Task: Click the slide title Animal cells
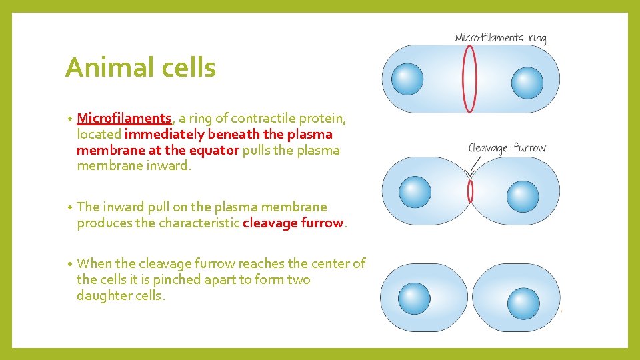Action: (x=141, y=68)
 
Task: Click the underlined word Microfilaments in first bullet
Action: (x=125, y=119)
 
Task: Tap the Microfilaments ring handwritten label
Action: (x=500, y=38)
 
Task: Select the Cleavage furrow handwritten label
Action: (x=507, y=148)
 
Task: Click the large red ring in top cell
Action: (x=470, y=78)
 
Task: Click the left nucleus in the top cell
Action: (x=407, y=79)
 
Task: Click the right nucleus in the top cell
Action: (x=527, y=83)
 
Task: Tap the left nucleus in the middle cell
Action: (x=414, y=192)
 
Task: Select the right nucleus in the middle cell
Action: (x=523, y=196)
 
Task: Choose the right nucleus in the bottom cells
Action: (x=523, y=303)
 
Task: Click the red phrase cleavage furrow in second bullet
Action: (x=293, y=223)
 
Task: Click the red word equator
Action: (x=214, y=150)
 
